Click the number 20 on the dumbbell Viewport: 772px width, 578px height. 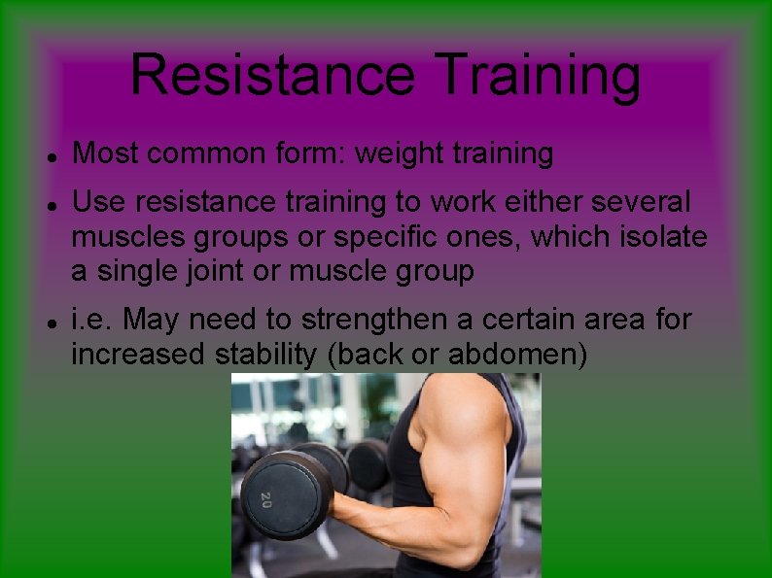tap(265, 499)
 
